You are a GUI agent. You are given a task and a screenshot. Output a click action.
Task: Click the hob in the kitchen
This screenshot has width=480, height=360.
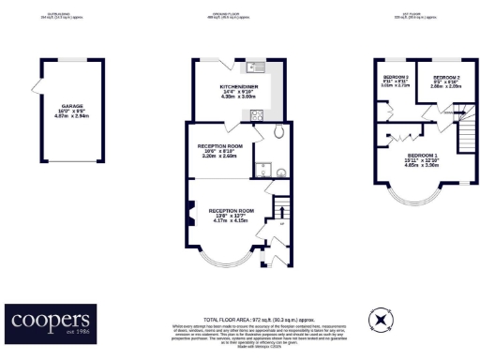pyautogui.click(x=258, y=114)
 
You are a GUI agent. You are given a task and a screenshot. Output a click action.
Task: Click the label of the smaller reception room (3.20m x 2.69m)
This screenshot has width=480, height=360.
pyautogui.click(x=220, y=149)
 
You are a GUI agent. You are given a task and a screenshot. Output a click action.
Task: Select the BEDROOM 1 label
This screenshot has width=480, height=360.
pyautogui.click(x=420, y=157)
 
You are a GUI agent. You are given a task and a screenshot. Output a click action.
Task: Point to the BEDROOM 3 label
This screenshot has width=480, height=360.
pyautogui.click(x=395, y=79)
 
